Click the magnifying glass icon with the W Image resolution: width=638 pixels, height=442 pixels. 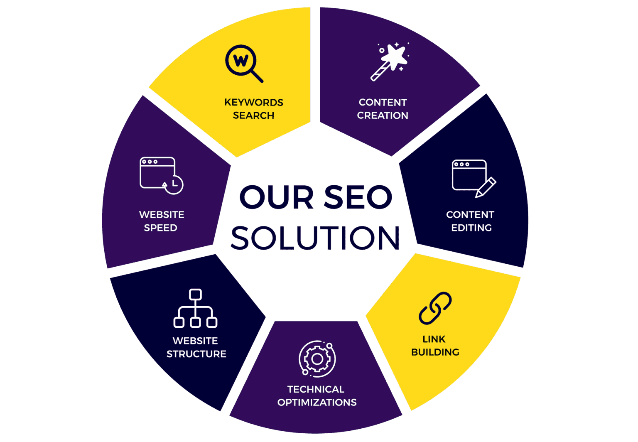pyautogui.click(x=243, y=63)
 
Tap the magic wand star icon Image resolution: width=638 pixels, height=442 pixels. pyautogui.click(x=390, y=61)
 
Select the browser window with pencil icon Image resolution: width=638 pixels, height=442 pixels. pyautogui.click(x=473, y=178)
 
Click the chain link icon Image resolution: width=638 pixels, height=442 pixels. pyautogui.click(x=435, y=308)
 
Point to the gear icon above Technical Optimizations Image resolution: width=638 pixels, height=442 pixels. pyautogui.click(x=317, y=359)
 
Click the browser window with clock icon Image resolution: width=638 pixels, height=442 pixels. pyautogui.click(x=161, y=175)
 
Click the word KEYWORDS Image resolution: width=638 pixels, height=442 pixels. pyautogui.click(x=254, y=102)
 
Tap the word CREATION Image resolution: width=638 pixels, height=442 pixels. pyautogui.click(x=383, y=115)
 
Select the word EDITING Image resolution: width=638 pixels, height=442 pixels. pyautogui.click(x=471, y=228)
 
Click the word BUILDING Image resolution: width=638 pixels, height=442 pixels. pyautogui.click(x=435, y=352)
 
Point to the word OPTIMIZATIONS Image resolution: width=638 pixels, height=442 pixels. pyautogui.click(x=317, y=403)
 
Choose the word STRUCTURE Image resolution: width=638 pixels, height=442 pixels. pyautogui.click(x=196, y=354)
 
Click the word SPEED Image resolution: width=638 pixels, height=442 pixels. pyautogui.click(x=161, y=228)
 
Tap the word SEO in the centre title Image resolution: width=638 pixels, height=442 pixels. pyautogui.click(x=358, y=197)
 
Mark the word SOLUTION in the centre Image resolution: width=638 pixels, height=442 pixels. pyautogui.click(x=315, y=238)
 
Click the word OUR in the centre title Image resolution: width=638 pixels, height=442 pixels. pyautogui.click(x=277, y=197)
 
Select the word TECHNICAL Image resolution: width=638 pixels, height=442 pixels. pyautogui.click(x=316, y=389)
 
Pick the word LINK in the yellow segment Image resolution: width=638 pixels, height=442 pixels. pyautogui.click(x=434, y=339)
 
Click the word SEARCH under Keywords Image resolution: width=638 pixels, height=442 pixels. pyautogui.click(x=253, y=115)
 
